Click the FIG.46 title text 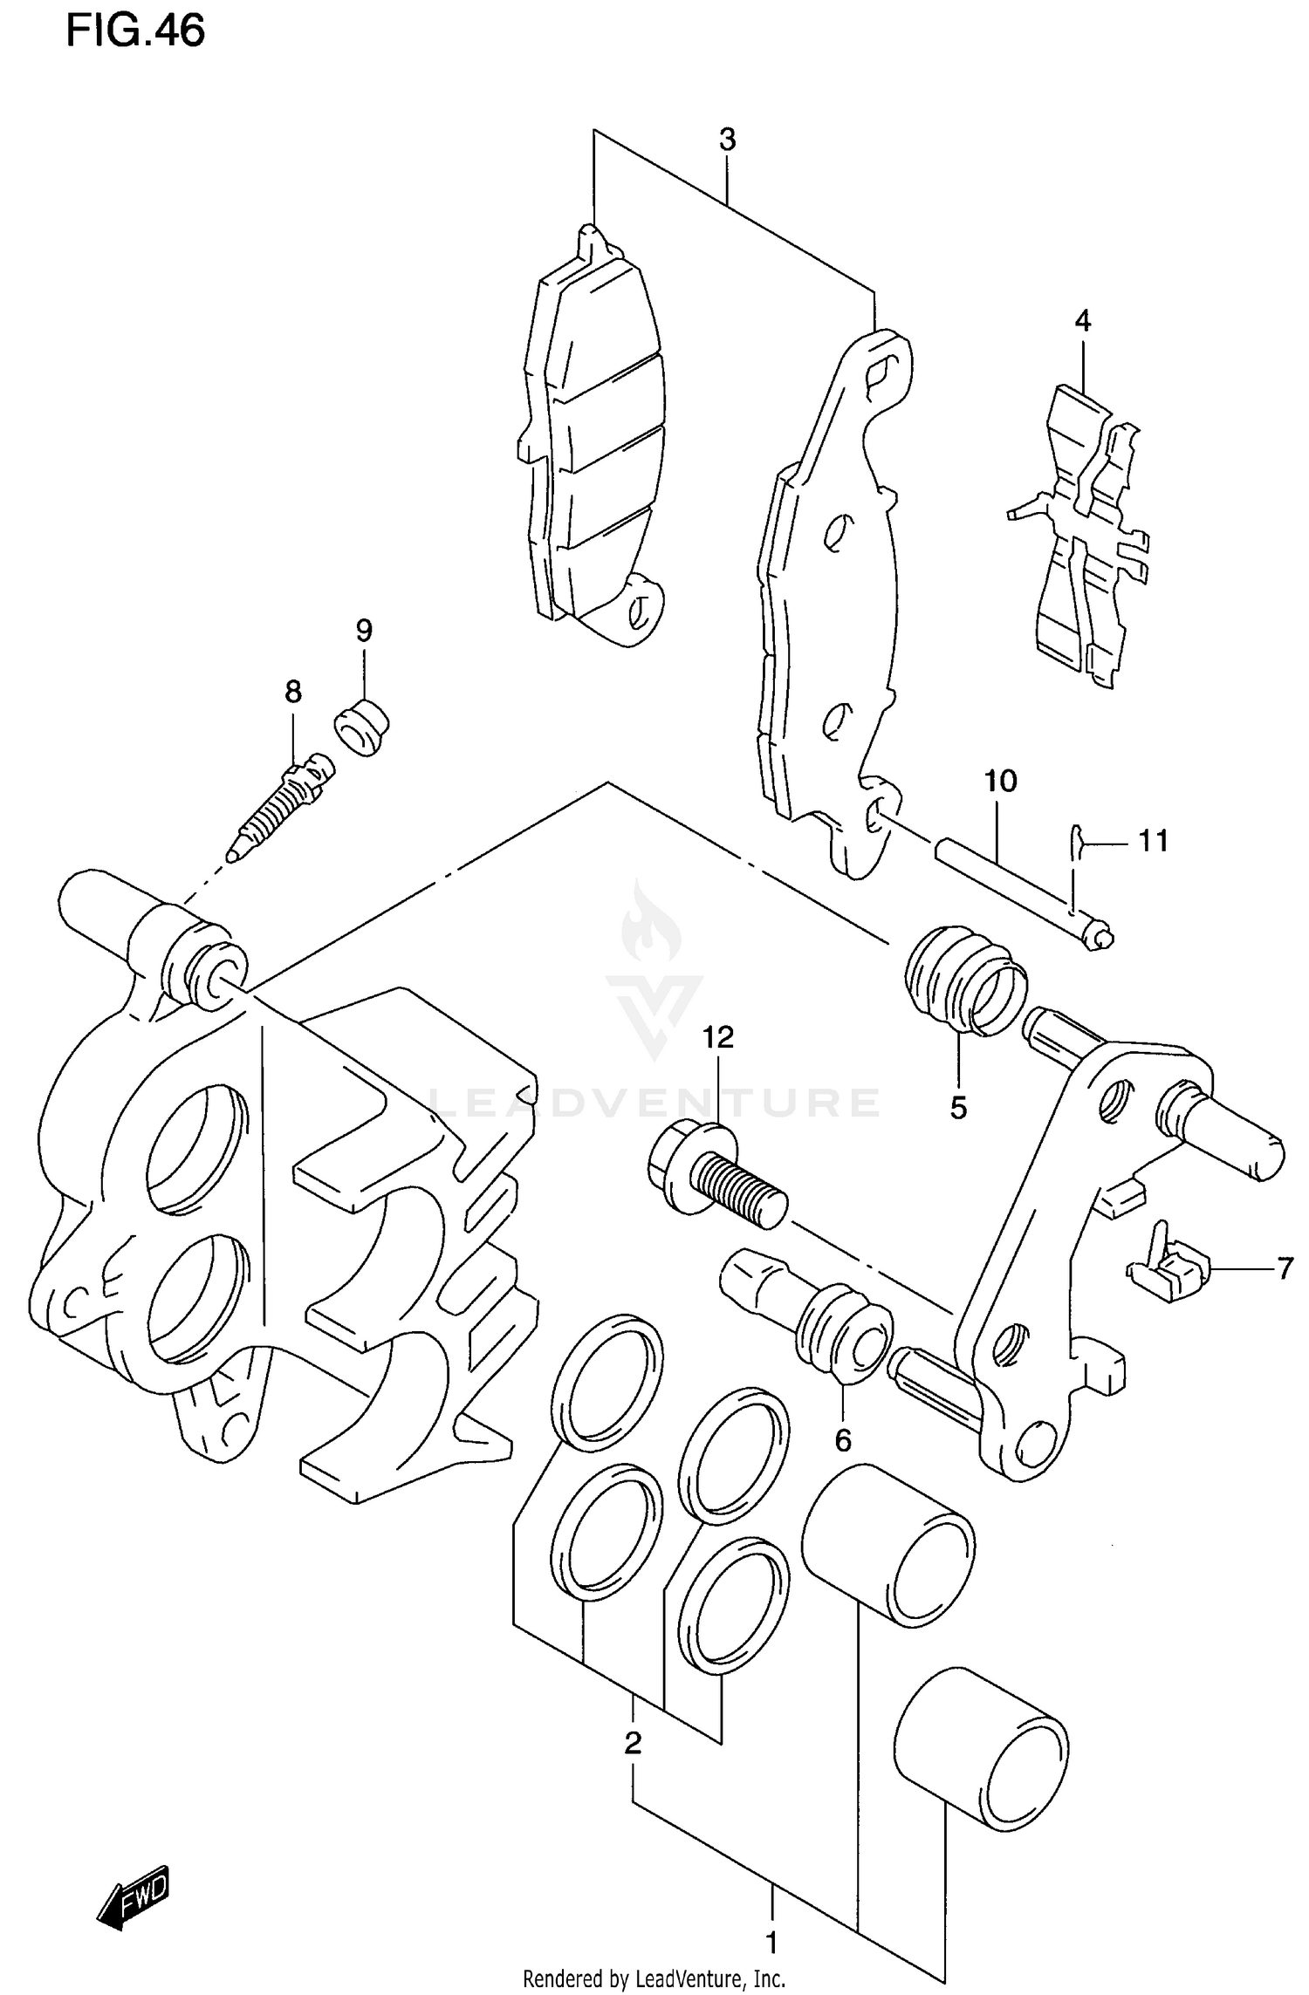[135, 31]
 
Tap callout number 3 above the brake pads [727, 139]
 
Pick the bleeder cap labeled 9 [361, 726]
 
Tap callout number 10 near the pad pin [1000, 780]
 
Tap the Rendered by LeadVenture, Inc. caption [654, 1978]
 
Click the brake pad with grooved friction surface [593, 445]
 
